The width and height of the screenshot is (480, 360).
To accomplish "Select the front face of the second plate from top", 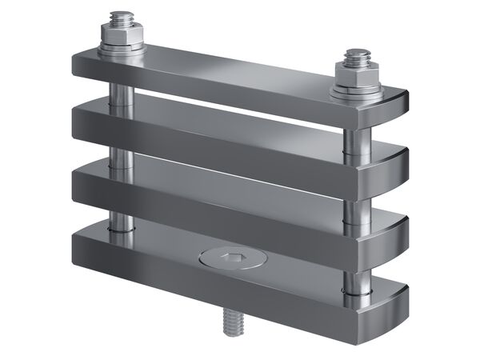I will pyautogui.click(x=208, y=136).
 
